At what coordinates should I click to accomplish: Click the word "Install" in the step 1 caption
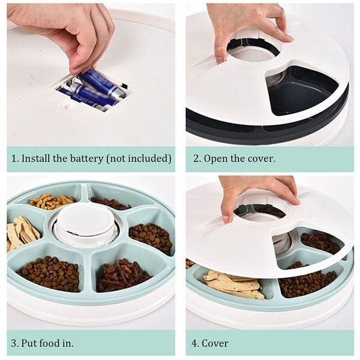click(x=35, y=159)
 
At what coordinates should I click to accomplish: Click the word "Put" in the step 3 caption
click(x=31, y=343)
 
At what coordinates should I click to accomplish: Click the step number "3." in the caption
click(x=16, y=343)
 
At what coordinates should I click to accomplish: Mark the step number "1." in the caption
click(x=15, y=159)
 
